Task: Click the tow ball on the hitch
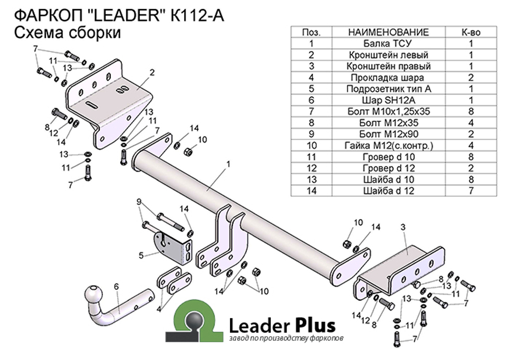pyautogui.click(x=94, y=295)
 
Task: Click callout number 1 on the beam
pyautogui.click(x=229, y=164)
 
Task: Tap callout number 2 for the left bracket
pyautogui.click(x=152, y=72)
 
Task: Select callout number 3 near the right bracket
pyautogui.click(x=403, y=227)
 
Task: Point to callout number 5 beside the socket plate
pyautogui.click(x=141, y=256)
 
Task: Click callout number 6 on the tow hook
pyautogui.click(x=116, y=286)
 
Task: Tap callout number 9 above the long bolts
pyautogui.click(x=139, y=202)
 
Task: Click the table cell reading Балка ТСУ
pyautogui.click(x=388, y=43)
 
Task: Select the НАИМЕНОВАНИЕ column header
pyautogui.click(x=388, y=32)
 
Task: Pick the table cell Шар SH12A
pyautogui.click(x=388, y=100)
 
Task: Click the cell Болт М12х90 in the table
pyautogui.click(x=388, y=134)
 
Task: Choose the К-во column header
pyautogui.click(x=471, y=32)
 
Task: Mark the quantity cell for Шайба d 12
pyautogui.click(x=471, y=190)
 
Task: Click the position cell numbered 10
pyautogui.click(x=312, y=146)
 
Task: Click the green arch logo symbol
pyautogui.click(x=194, y=321)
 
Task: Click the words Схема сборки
pyautogui.click(x=67, y=33)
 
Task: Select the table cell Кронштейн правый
pyautogui.click(x=388, y=66)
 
